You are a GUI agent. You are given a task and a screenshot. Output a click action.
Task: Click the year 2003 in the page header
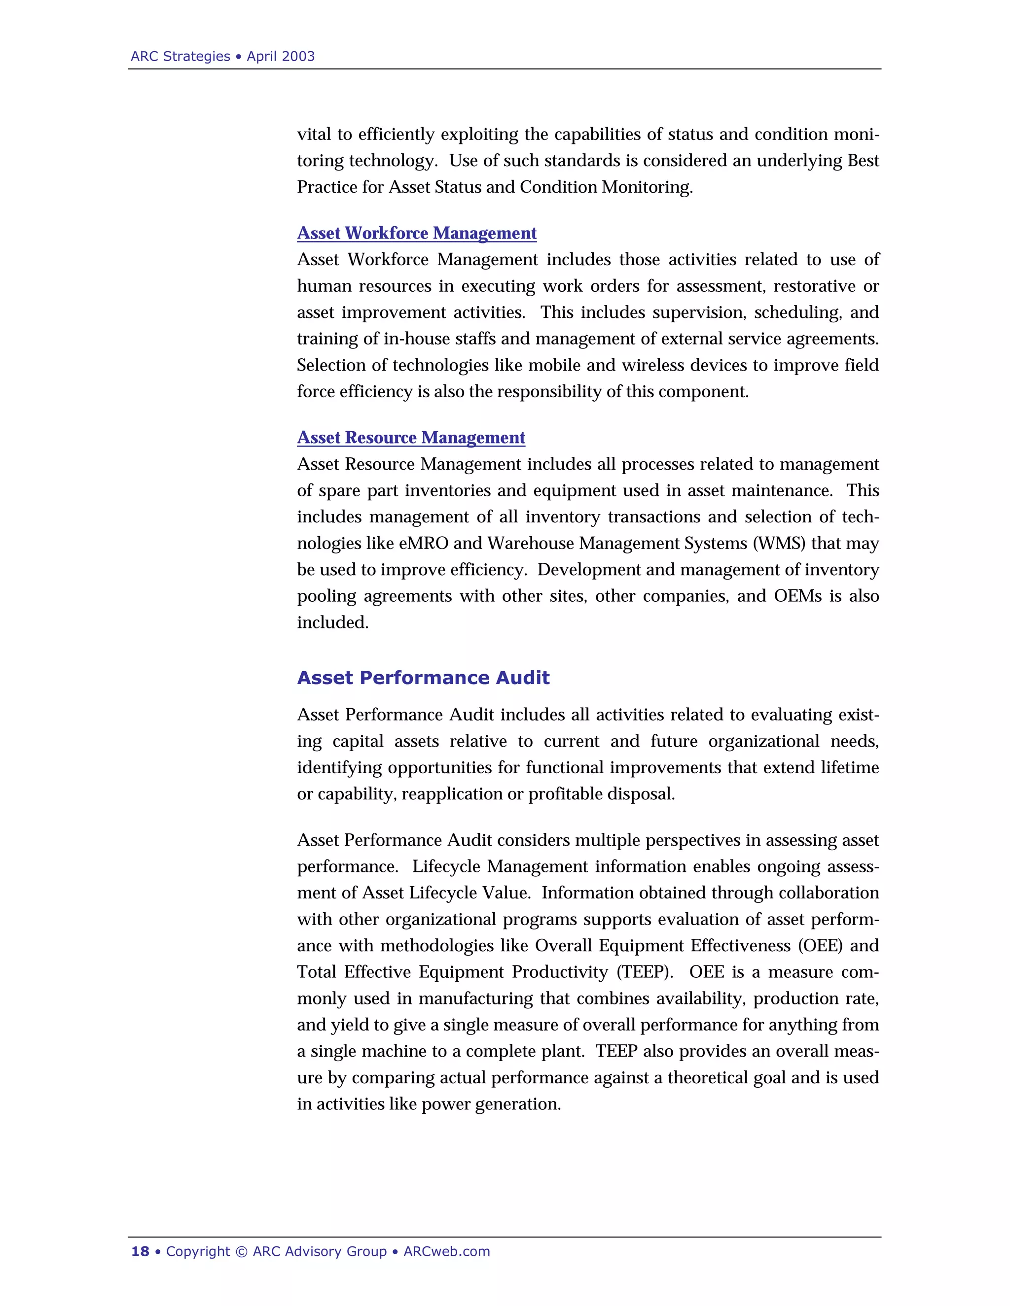[x=297, y=56]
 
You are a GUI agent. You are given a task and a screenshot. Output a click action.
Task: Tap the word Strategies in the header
[x=196, y=56]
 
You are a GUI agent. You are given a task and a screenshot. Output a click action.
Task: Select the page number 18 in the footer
[x=140, y=1251]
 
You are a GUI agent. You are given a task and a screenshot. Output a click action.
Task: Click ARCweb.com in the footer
[x=446, y=1251]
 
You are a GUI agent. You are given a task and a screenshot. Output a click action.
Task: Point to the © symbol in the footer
[x=241, y=1251]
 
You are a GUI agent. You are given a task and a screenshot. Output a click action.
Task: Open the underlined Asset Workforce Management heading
[x=416, y=233]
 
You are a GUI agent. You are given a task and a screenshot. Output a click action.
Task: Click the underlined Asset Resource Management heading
[x=411, y=437]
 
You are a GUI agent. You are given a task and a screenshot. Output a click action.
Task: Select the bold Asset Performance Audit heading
[x=423, y=678]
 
